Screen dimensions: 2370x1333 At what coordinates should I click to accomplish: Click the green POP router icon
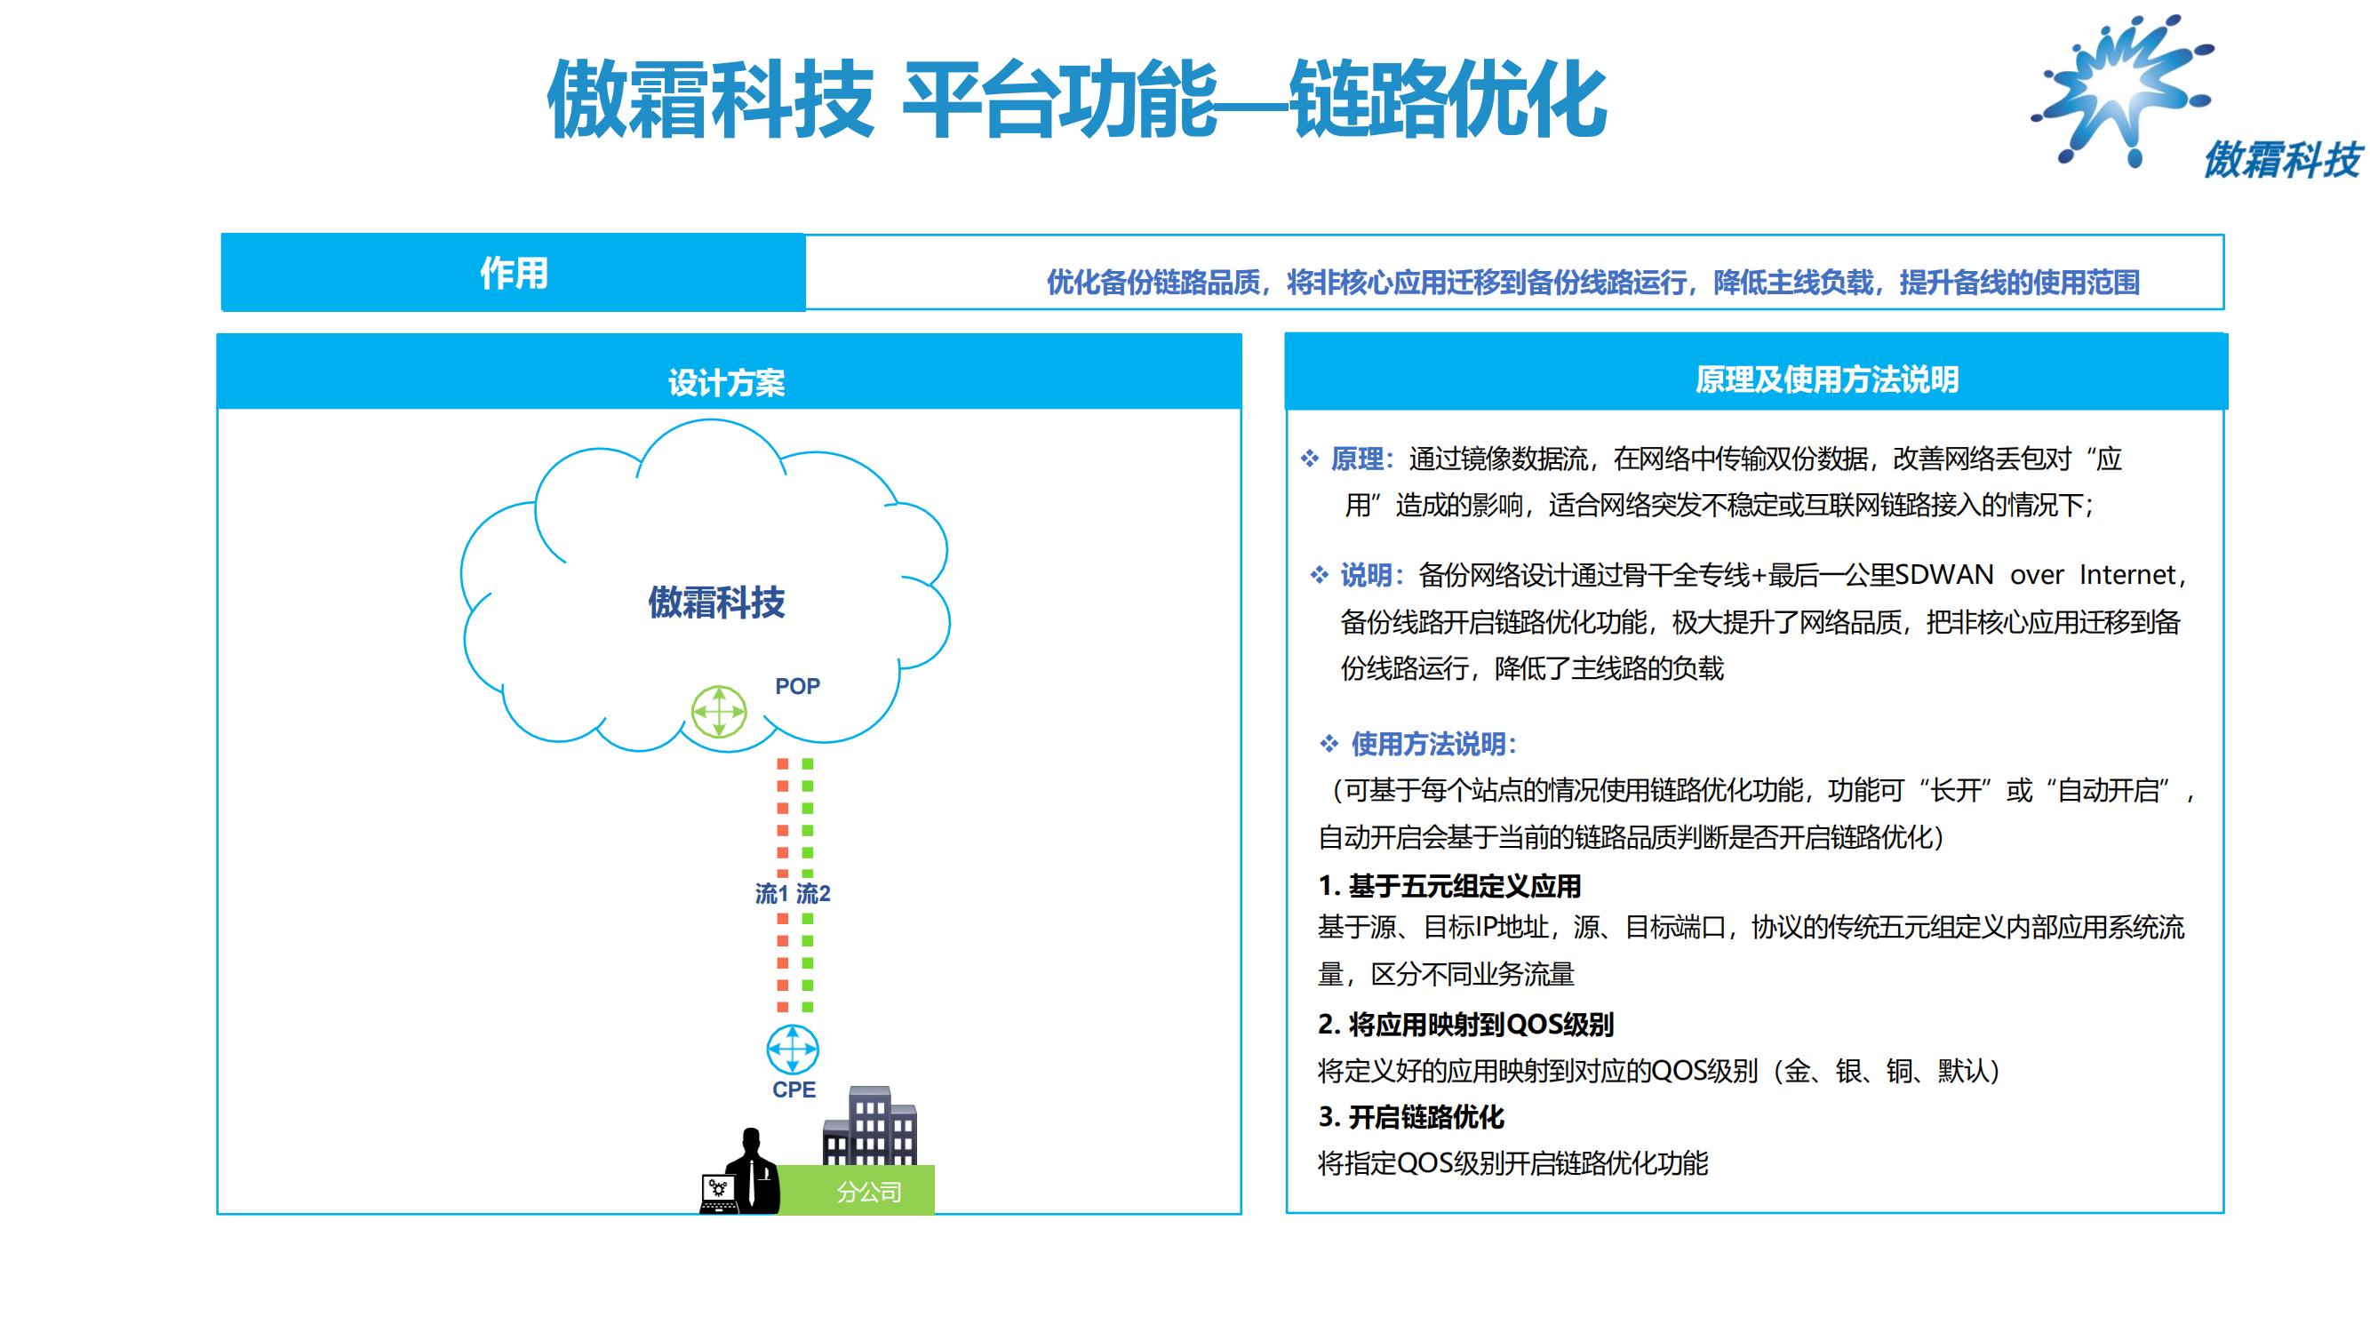pyautogui.click(x=719, y=711)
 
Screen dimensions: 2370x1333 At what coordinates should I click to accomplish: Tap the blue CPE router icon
pyautogui.click(x=792, y=1050)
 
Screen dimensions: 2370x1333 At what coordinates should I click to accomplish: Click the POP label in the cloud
pyautogui.click(x=797, y=686)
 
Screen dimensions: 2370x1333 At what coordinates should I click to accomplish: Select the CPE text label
pyautogui.click(x=794, y=1090)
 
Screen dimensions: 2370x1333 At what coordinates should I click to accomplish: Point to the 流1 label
pyautogui.click(x=771, y=893)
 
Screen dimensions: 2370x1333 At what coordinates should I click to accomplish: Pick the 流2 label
pyautogui.click(x=813, y=893)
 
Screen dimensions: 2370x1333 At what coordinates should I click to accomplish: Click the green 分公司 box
pyautogui.click(x=857, y=1191)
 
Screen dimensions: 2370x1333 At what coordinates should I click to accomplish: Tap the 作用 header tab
pyautogui.click(x=514, y=272)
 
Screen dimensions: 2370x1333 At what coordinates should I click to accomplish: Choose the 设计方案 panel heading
pyautogui.click(x=727, y=383)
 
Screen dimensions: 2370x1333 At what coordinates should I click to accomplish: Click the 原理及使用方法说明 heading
pyautogui.click(x=1827, y=379)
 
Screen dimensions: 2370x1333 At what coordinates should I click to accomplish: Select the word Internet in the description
pyautogui.click(x=2127, y=575)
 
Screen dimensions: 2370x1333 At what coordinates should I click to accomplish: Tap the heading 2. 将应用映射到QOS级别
pyautogui.click(x=1465, y=1024)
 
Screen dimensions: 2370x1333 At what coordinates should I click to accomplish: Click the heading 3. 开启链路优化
pyautogui.click(x=1411, y=1117)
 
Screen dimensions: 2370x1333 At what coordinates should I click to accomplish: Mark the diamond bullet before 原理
pyautogui.click(x=1309, y=459)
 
